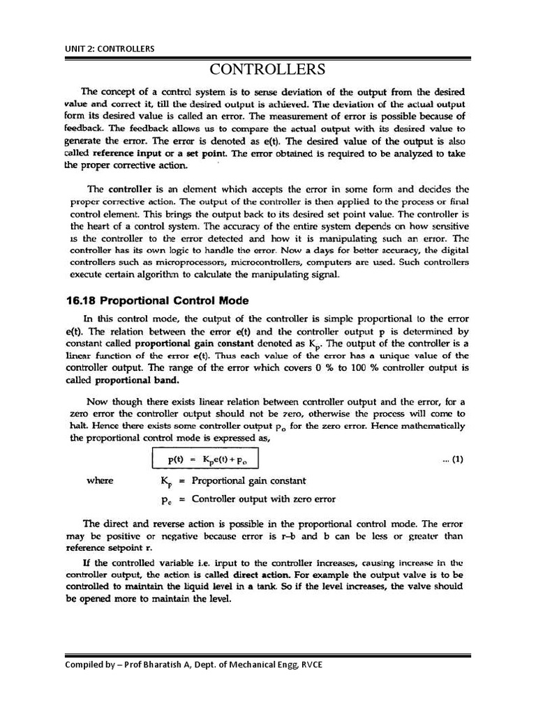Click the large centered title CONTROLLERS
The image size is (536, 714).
[268, 70]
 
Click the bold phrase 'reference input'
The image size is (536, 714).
[124, 153]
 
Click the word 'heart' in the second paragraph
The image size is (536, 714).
[102, 227]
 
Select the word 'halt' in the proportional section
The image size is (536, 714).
[75, 425]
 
